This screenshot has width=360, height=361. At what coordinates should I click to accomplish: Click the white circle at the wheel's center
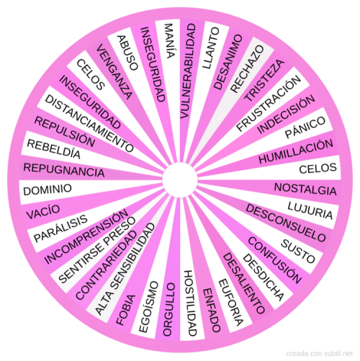coord(180,180)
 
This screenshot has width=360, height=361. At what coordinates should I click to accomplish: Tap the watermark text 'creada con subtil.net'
coord(320,354)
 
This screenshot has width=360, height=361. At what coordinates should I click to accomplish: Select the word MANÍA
coord(169,41)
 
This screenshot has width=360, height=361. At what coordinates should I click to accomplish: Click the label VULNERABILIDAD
coord(188,71)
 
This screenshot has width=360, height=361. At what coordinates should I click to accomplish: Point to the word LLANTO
coord(211,48)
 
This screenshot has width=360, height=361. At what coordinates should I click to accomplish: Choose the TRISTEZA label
coord(264,80)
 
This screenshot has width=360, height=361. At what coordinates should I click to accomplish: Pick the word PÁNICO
coord(305,128)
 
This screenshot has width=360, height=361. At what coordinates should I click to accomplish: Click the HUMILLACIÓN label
coord(296,151)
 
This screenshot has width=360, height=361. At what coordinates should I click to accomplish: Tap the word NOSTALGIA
coord(305,189)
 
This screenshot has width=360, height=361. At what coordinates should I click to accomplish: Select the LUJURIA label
coord(310,210)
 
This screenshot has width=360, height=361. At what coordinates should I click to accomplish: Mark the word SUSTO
coord(298,251)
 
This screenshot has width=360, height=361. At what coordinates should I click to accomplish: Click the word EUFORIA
coord(231,303)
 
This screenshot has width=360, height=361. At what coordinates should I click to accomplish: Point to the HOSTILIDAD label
coord(191,303)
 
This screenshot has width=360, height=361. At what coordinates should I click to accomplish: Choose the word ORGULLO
coord(169,309)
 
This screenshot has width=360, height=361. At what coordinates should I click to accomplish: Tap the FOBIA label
coord(126,310)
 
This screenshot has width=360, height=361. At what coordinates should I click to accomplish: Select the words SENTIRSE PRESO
coord(97,250)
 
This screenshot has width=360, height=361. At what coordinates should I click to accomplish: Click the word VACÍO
coord(43,212)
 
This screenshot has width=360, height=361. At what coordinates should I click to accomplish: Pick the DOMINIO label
coord(48,190)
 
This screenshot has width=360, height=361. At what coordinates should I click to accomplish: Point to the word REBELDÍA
coord(53,149)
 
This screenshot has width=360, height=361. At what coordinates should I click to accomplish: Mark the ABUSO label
coord(127,53)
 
